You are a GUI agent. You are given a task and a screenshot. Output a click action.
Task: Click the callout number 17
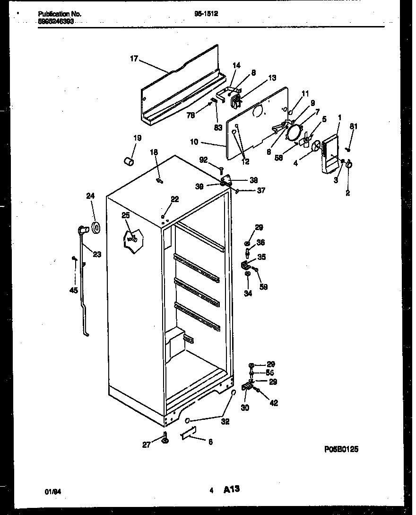click(x=134, y=59)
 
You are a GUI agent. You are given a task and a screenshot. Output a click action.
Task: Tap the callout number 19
click(x=137, y=138)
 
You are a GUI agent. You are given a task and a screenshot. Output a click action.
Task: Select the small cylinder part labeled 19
click(x=128, y=162)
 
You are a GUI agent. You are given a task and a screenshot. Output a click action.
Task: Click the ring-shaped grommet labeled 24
click(x=97, y=228)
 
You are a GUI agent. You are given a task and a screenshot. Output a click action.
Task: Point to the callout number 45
click(x=73, y=290)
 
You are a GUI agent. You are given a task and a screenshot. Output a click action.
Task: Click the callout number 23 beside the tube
click(x=97, y=254)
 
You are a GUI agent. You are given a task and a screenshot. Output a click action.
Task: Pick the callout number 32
click(x=225, y=422)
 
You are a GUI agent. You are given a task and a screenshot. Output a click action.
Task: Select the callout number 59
click(x=263, y=286)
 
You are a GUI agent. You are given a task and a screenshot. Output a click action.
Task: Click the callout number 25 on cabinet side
click(x=125, y=215)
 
